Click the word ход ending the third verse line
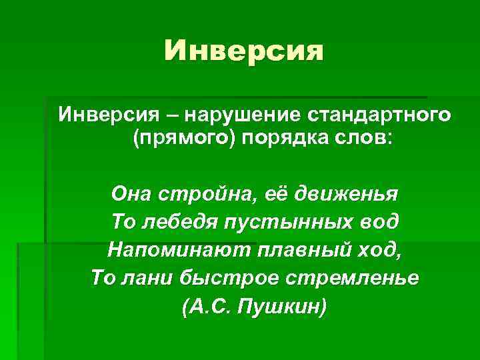(380, 249)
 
